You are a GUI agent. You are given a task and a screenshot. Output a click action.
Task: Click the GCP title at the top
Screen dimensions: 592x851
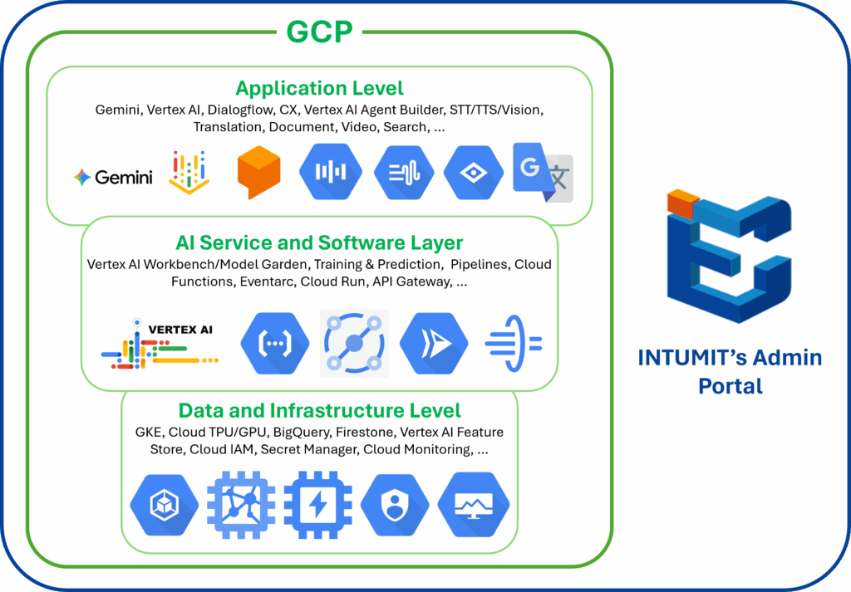[319, 32]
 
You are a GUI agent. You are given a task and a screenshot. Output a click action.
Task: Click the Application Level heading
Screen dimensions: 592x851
[319, 88]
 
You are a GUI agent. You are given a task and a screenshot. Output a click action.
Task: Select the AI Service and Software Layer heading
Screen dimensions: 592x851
[319, 243]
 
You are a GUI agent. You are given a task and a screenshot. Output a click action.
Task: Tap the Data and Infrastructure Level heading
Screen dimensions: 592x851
[319, 410]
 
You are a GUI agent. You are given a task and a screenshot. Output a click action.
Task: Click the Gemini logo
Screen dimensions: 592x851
[113, 177]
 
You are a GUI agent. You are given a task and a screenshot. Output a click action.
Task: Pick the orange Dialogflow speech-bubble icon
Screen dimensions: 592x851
[258, 172]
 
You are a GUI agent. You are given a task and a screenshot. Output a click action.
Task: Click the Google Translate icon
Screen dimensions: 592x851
[543, 172]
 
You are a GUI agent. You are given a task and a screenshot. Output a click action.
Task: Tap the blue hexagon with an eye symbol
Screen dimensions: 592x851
[474, 172]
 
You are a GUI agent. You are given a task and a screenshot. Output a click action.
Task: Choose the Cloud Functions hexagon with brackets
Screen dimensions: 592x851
[269, 342]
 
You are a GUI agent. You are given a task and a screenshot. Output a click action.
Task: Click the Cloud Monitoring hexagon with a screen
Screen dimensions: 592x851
[474, 504]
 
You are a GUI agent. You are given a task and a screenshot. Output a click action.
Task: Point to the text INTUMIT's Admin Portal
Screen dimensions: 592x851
[730, 371]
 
